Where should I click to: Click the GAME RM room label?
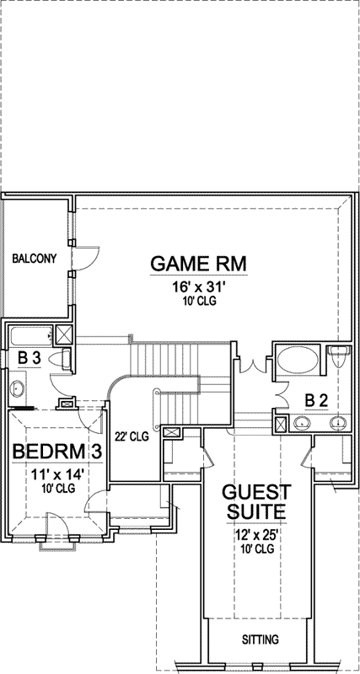(x=198, y=263)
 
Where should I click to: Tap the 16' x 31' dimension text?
(x=198, y=287)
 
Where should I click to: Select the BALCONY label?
(x=35, y=259)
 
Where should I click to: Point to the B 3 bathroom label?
(x=29, y=358)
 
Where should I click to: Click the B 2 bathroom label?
(x=316, y=399)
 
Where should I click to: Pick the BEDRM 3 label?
(x=57, y=452)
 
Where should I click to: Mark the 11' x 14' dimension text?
(x=57, y=474)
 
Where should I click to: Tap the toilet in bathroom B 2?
(x=339, y=357)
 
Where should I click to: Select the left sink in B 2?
(x=301, y=423)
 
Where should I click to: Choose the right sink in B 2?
(x=339, y=423)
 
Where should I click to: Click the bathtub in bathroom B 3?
(x=31, y=336)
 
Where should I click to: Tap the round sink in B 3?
(x=17, y=388)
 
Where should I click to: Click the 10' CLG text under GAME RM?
(x=198, y=302)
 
